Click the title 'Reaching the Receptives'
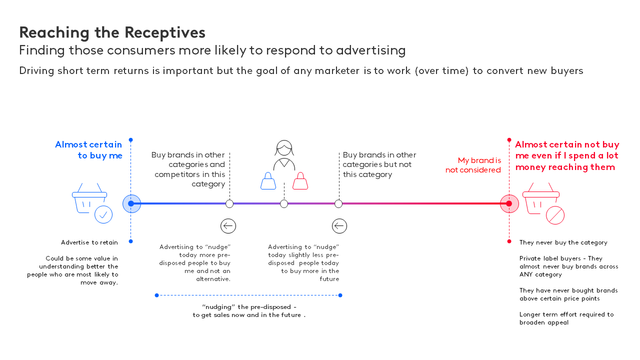click(x=112, y=32)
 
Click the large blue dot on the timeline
click(x=131, y=203)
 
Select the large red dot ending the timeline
click(x=509, y=203)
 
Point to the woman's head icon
click(x=284, y=148)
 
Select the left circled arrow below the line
click(x=228, y=226)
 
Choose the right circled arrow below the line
click(x=339, y=226)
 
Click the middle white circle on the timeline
click(x=284, y=203)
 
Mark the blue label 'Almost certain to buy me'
click(x=88, y=150)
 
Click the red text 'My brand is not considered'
click(x=473, y=165)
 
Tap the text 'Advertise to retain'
click(x=89, y=242)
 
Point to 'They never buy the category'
click(x=563, y=242)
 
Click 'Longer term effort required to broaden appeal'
click(x=566, y=318)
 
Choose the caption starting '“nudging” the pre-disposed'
click(x=249, y=311)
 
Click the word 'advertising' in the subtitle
click(x=370, y=50)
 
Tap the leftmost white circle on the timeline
click(x=229, y=203)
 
